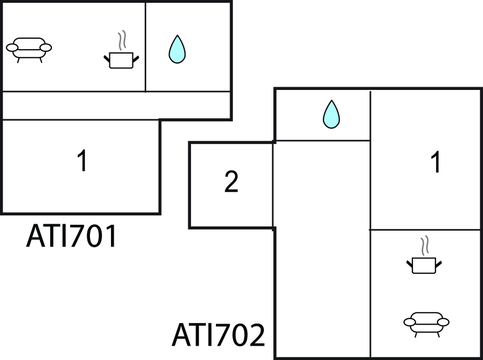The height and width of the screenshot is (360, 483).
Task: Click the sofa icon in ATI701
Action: [x=29, y=48]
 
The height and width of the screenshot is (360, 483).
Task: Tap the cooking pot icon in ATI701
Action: [x=120, y=59]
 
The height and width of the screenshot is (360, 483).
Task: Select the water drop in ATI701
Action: [x=177, y=49]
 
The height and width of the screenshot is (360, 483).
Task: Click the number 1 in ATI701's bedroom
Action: [x=82, y=162]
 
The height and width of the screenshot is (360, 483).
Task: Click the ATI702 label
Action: [x=219, y=335]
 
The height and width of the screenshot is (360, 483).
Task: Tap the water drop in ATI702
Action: [x=331, y=114]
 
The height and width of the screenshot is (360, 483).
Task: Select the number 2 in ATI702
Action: [x=231, y=183]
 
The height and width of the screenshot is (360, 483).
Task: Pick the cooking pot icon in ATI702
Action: [x=424, y=266]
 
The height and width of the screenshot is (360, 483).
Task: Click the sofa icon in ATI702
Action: [x=426, y=322]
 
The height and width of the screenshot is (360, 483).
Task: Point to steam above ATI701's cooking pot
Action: [x=122, y=40]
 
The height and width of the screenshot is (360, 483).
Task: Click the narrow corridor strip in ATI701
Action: [x=115, y=105]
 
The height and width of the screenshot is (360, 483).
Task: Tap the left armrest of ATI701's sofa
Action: [x=12, y=48]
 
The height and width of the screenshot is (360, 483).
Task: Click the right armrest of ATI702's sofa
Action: [x=443, y=321]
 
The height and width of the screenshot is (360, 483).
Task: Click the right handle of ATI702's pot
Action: [x=439, y=264]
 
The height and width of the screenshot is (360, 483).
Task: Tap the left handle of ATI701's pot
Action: [x=107, y=57]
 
